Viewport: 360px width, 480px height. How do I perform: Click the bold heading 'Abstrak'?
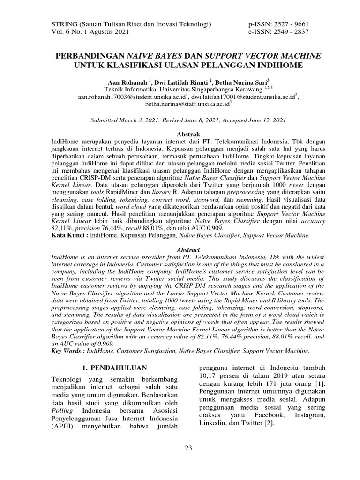pos(180,134)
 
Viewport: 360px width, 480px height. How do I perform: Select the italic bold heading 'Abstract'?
pos(180,250)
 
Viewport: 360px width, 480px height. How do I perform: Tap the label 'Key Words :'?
pos(67,350)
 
